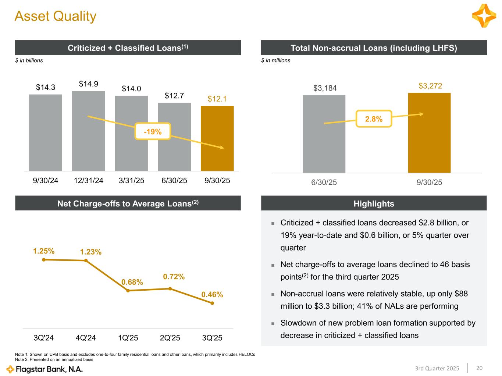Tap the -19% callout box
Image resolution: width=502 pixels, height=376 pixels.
[x=153, y=131]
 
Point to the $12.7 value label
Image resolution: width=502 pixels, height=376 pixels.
[x=174, y=96]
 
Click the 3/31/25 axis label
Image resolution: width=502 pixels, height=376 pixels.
[x=131, y=181]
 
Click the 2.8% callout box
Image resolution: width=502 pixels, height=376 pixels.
[x=374, y=119]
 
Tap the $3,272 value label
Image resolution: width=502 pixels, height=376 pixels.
[x=430, y=86]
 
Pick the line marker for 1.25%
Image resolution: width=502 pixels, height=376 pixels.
[x=44, y=259]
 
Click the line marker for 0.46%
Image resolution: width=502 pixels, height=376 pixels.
[x=212, y=303]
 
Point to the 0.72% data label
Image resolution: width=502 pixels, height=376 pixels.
[x=174, y=277]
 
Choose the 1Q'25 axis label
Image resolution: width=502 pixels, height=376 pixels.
[x=128, y=338]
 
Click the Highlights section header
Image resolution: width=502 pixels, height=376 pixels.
[x=374, y=203]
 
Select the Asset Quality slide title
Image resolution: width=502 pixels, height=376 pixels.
[x=56, y=16]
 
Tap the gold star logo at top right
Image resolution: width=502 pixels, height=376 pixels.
[x=484, y=16]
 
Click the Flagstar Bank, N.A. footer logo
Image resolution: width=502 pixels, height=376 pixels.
[x=44, y=369]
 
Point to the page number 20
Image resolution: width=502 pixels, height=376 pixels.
[x=479, y=368]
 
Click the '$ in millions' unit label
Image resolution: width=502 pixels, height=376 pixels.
[x=276, y=60]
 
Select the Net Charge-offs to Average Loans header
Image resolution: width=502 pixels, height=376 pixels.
[x=128, y=203]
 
